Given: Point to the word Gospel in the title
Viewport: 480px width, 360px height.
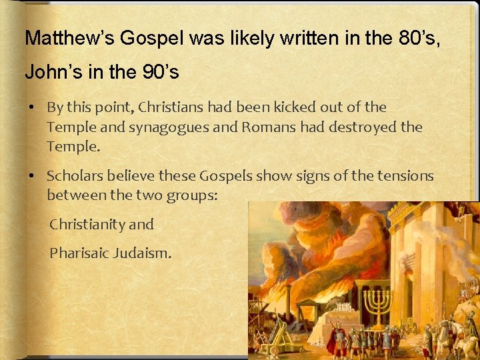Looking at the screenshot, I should (x=145, y=38).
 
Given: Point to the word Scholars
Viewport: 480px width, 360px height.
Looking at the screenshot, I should (x=73, y=177).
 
